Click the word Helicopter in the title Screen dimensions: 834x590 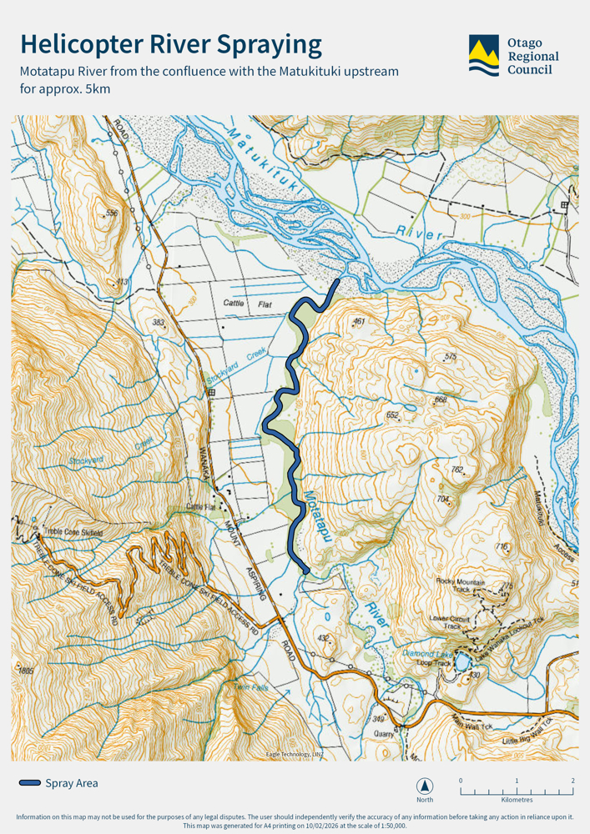pyautogui.click(x=88, y=44)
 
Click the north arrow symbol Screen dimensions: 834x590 pyautogui.click(x=425, y=786)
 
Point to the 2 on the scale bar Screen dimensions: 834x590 pyautogui.click(x=572, y=781)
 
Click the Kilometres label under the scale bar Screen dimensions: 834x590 pyautogui.click(x=517, y=800)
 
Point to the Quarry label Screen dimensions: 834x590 pyautogui.click(x=383, y=734)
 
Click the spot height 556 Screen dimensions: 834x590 pyautogui.click(x=112, y=214)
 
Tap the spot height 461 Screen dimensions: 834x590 pyautogui.click(x=359, y=321)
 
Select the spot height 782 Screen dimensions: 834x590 pyautogui.click(x=456, y=470)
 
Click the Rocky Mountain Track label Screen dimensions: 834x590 pyautogui.click(x=460, y=585)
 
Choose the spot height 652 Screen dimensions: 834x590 pyautogui.click(x=392, y=414)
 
